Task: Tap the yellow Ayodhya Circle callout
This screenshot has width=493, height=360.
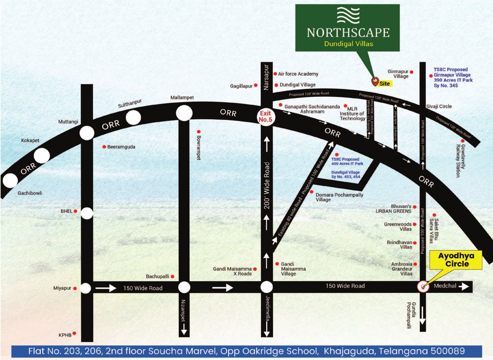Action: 459,261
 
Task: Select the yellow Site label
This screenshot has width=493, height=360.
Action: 385,83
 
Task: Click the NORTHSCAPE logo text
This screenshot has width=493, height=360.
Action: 348,32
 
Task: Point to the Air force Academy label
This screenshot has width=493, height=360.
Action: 298,74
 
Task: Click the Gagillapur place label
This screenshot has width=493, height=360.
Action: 242,86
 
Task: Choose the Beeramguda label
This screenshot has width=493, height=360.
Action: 121,147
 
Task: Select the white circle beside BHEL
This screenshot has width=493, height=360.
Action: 87,213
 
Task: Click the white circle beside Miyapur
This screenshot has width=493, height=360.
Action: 86,288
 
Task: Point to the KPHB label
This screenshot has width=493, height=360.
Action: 65,336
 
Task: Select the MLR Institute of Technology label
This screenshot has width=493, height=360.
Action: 359,112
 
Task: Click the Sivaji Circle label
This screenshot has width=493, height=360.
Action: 439,106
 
